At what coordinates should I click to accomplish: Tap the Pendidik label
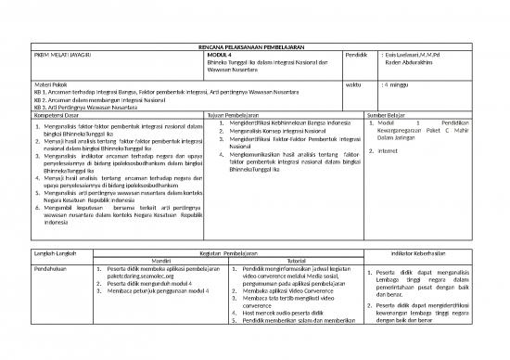point(357,56)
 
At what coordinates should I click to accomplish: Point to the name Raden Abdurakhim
point(411,64)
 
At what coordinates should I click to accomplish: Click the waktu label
point(352,84)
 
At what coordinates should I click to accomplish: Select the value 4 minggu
point(400,84)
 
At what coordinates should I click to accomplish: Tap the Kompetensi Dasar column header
point(58,114)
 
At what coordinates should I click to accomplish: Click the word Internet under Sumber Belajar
point(389,151)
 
